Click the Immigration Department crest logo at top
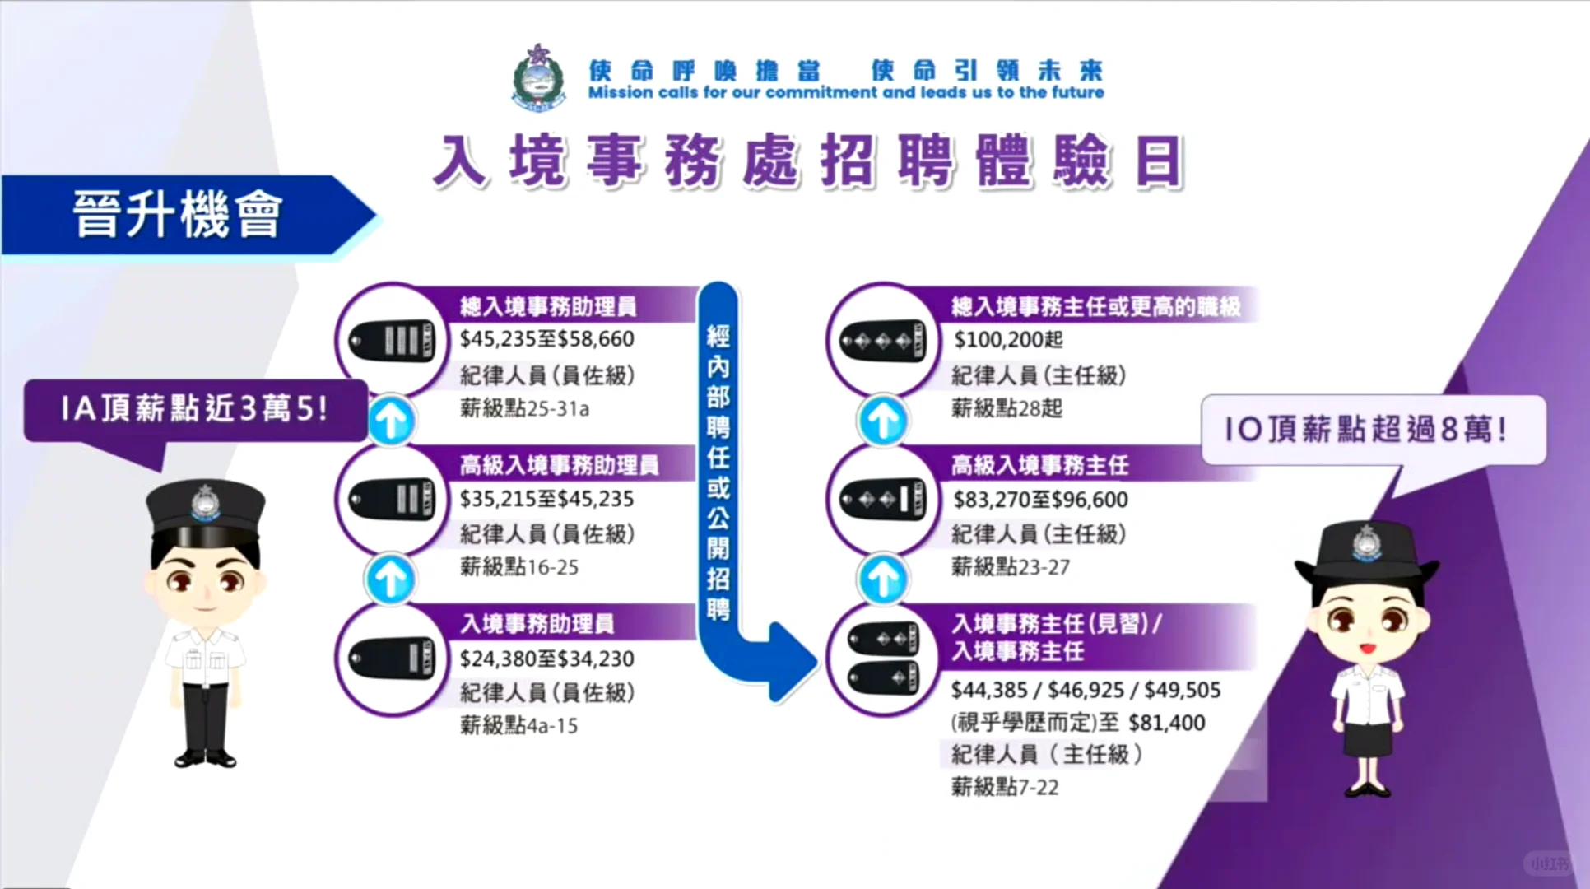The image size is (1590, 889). (539, 78)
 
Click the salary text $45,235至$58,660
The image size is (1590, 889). (546, 339)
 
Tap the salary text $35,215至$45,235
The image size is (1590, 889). (546, 499)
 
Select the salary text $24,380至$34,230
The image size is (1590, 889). (546, 659)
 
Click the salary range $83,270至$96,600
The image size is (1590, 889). (1040, 499)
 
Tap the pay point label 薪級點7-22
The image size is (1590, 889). (1005, 787)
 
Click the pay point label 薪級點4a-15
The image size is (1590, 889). (518, 726)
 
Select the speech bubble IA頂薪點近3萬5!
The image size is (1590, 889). (194, 409)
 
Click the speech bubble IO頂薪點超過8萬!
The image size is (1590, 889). (1372, 429)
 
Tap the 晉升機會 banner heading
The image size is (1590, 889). (178, 214)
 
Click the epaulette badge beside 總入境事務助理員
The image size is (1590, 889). (393, 340)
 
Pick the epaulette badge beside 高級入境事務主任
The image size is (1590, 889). (883, 499)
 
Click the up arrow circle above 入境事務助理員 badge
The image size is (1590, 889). (390, 579)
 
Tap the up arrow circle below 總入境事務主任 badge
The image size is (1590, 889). (883, 421)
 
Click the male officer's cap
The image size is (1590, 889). (205, 506)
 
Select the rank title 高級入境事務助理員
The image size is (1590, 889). (559, 466)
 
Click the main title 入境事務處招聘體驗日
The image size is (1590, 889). (808, 161)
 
